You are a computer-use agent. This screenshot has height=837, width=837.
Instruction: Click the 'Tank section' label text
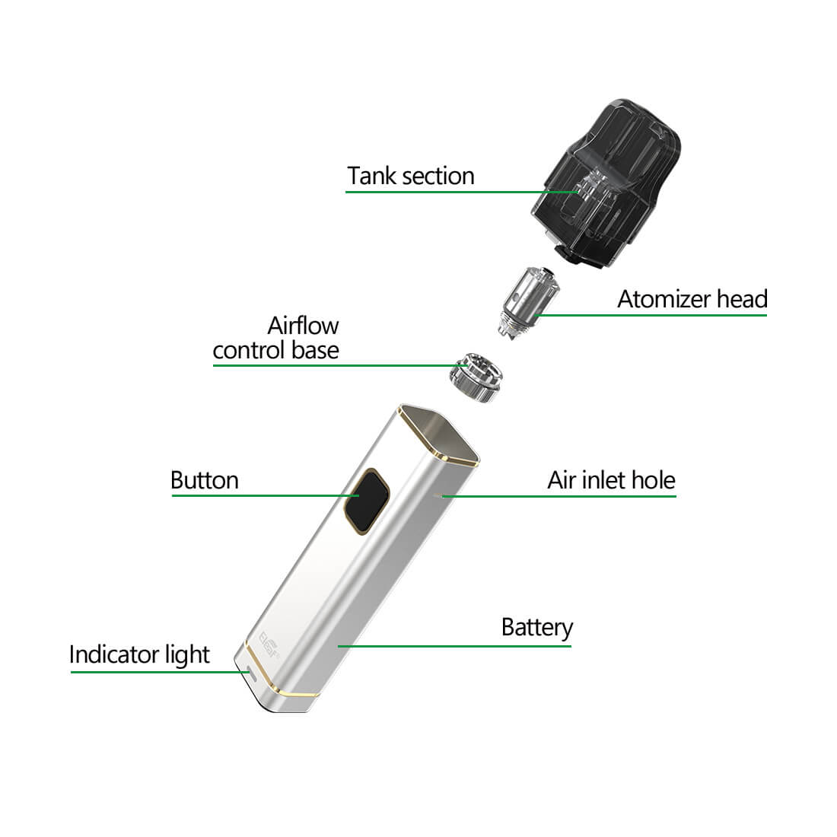coord(410,176)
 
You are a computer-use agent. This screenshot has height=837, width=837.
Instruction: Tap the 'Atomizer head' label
coord(692,299)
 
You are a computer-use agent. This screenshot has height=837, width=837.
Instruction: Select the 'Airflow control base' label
coord(276,338)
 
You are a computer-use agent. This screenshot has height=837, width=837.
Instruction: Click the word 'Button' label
coord(205,480)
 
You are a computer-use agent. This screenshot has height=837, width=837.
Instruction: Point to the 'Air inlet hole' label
coord(611,480)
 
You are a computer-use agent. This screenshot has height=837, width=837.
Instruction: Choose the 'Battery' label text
coord(537,629)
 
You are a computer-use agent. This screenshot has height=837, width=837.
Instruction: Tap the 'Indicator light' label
coord(139,655)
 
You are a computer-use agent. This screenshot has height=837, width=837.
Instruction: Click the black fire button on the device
coord(366,501)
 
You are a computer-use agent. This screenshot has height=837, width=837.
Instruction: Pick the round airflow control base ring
coord(476,377)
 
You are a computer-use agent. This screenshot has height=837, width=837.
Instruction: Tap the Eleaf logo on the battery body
coord(269,645)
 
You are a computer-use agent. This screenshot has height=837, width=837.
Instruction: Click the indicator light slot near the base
coord(250,675)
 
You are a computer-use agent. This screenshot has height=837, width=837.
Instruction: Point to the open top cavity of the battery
coord(439,434)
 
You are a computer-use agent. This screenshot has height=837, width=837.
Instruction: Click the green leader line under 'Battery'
coord(454,646)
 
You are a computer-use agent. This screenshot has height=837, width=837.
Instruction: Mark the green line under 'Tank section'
coord(463,192)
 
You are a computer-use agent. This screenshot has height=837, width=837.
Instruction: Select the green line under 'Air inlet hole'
coord(559,496)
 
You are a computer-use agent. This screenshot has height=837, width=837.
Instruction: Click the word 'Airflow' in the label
coord(303,326)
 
